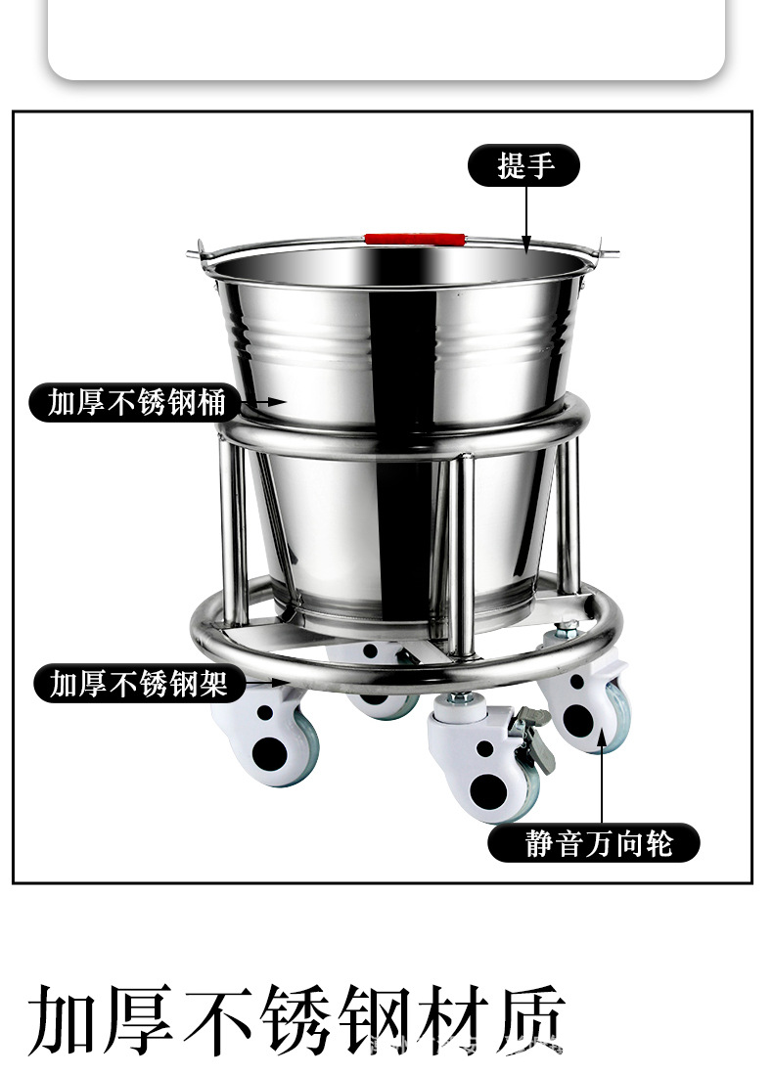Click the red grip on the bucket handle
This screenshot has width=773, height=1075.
coord(414,238)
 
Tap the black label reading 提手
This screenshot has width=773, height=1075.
coord(525,165)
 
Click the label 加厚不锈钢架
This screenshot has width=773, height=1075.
coord(138,683)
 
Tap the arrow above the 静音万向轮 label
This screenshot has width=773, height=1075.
coord(602,783)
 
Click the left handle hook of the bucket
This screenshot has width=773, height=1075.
coord(197,252)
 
